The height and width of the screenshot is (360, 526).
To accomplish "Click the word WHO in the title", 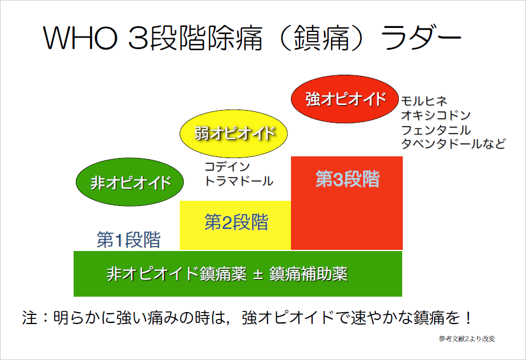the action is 80,37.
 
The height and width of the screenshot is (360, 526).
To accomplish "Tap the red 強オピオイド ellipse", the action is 345,99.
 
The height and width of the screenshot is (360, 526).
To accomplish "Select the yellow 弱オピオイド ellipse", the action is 234,134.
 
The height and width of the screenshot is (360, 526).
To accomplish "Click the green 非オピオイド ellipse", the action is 130,182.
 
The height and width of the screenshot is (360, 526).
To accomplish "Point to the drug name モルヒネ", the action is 424,100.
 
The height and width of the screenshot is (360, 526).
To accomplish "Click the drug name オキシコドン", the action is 436,115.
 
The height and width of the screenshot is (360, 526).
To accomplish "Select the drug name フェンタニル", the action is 436,130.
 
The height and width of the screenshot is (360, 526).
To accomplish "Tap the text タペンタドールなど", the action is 453,144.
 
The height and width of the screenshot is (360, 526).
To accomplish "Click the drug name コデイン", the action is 227,167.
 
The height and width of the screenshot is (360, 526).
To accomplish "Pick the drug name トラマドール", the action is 239,181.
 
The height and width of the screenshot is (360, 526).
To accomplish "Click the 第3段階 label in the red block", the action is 347,179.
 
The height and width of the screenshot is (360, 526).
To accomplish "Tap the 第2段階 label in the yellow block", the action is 237,222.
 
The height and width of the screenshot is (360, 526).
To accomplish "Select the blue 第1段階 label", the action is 128,240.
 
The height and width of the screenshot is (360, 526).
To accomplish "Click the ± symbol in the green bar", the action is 258,274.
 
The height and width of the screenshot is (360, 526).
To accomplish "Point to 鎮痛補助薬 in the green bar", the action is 308,274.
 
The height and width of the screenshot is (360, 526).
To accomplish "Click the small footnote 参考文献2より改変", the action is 467,339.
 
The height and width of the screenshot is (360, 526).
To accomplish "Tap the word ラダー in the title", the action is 421,37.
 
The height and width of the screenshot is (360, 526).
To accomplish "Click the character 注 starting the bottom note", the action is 30,317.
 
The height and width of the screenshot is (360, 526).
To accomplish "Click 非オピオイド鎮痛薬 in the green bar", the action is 177,274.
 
